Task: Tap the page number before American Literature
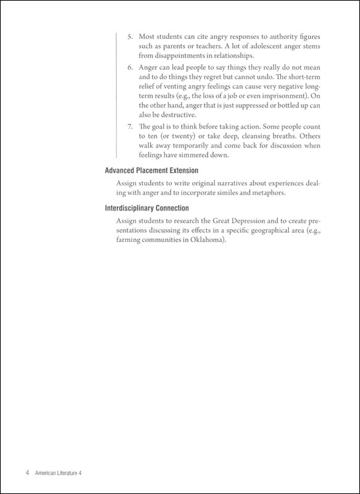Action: coord(28,472)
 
